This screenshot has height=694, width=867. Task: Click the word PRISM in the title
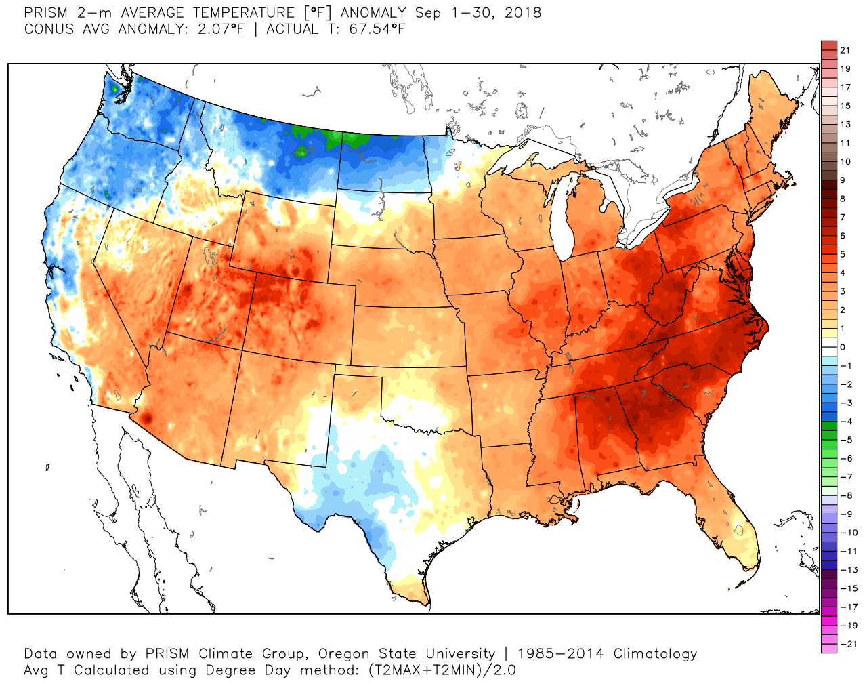tap(47, 13)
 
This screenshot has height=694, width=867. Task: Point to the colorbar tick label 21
tap(845, 50)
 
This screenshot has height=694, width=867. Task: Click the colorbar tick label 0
tap(843, 347)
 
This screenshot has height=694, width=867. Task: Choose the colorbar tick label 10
tap(845, 161)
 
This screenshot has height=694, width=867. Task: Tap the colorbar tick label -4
tap(846, 422)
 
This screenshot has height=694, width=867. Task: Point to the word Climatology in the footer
tap(655, 654)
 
